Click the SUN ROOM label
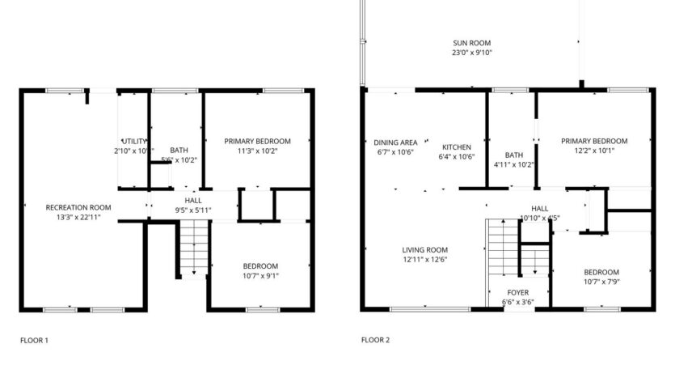pyautogui.click(x=471, y=43)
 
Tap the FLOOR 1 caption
pyautogui.click(x=34, y=340)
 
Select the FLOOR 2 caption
pyautogui.click(x=375, y=340)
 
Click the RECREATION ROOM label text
pyautogui.click(x=78, y=207)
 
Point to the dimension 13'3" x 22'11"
pyautogui.click(x=78, y=217)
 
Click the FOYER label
pyautogui.click(x=518, y=293)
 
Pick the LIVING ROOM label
pyautogui.click(x=425, y=250)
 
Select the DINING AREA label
pyautogui.click(x=395, y=142)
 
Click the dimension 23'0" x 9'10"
pyautogui.click(x=471, y=53)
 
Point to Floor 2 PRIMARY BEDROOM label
pyautogui.click(x=594, y=140)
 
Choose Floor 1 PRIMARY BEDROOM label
pyautogui.click(x=257, y=141)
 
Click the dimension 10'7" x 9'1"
pyautogui.click(x=260, y=276)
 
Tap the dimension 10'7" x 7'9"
pyautogui.click(x=601, y=282)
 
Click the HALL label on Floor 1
pyautogui.click(x=193, y=200)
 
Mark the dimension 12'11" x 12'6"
pyautogui.click(x=425, y=260)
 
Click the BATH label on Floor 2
pyautogui.click(x=514, y=155)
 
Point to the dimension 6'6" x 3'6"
pyautogui.click(x=518, y=303)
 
